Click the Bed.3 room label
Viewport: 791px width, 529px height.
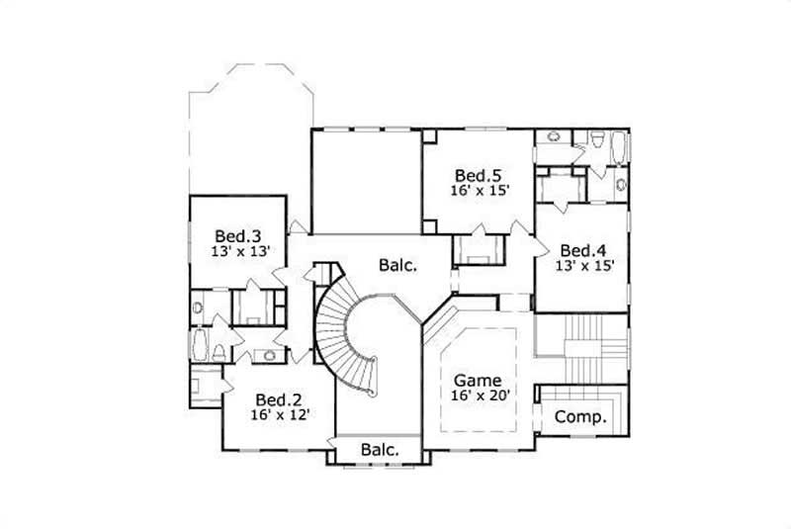[237, 236]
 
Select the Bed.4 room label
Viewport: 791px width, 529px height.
[581, 249]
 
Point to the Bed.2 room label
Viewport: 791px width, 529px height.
[279, 399]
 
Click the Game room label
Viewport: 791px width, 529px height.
[477, 380]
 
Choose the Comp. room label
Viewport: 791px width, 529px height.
[579, 417]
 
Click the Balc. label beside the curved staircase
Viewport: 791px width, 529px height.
[398, 265]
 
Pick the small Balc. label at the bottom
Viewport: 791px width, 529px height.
[380, 450]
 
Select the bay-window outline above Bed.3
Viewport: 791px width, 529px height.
[249, 129]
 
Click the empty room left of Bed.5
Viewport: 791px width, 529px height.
[367, 183]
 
